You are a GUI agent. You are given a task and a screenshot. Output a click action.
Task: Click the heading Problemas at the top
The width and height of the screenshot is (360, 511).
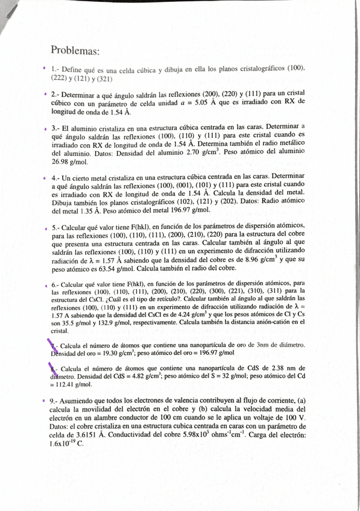click(x=75, y=51)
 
